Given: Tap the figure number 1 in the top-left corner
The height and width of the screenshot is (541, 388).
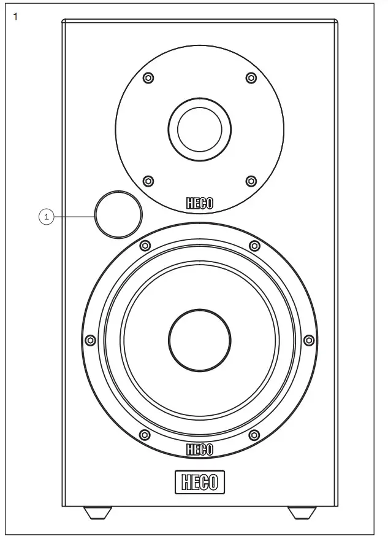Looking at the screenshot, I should click(15, 16).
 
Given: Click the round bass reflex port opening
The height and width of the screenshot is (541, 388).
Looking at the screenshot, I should click(118, 214).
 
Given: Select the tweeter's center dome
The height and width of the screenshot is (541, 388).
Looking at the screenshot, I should click(200, 130).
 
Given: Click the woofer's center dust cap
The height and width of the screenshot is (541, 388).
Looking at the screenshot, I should click(200, 339).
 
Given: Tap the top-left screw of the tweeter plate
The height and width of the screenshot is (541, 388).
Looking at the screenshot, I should click(148, 78).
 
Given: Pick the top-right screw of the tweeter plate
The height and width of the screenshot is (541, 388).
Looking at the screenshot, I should click(251, 78).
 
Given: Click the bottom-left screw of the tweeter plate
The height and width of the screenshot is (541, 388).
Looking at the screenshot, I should click(148, 181).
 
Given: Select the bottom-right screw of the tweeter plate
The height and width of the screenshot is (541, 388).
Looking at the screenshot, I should click(251, 181).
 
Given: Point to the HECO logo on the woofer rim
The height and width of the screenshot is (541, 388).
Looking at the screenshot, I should click(200, 450).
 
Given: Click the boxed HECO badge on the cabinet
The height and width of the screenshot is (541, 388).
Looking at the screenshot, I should click(200, 482).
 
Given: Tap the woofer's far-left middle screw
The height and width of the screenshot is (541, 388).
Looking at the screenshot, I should click(90, 340).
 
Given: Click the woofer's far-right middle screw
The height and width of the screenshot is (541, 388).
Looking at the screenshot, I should click(309, 340).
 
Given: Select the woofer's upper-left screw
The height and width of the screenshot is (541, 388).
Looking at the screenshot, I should click(145, 246).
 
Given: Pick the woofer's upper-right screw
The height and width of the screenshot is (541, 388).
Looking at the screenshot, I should click(254, 246).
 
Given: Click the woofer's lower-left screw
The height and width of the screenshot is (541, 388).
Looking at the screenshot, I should click(145, 435).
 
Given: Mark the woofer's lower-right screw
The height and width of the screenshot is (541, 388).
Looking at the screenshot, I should click(254, 435).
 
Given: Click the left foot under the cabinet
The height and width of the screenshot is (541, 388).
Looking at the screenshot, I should click(98, 512).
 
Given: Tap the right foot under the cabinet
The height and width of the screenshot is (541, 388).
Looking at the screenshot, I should click(301, 512).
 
